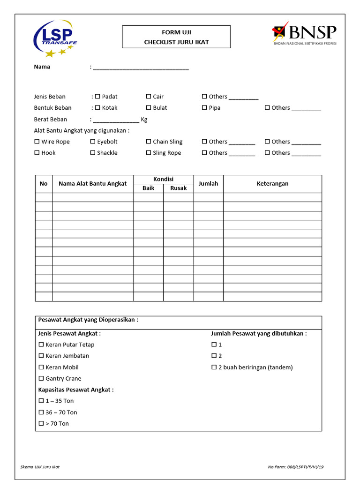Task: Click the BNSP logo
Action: click(305, 33)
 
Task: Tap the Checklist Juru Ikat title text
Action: click(176, 42)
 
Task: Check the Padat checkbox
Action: click(97, 97)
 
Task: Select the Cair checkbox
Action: click(149, 97)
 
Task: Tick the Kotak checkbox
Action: click(97, 108)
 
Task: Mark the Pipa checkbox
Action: click(204, 108)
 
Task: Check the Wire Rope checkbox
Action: click(37, 142)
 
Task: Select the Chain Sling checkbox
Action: click(149, 142)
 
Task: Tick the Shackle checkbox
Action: click(93, 153)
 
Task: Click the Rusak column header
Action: click(178, 188)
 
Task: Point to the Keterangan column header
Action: click(272, 184)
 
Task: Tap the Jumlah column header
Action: click(208, 184)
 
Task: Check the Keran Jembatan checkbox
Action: click(41, 356)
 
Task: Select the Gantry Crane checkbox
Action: click(41, 379)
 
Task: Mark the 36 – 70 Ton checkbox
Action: click(41, 412)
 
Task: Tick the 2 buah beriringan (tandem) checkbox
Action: click(214, 367)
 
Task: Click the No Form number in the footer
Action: click(296, 467)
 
